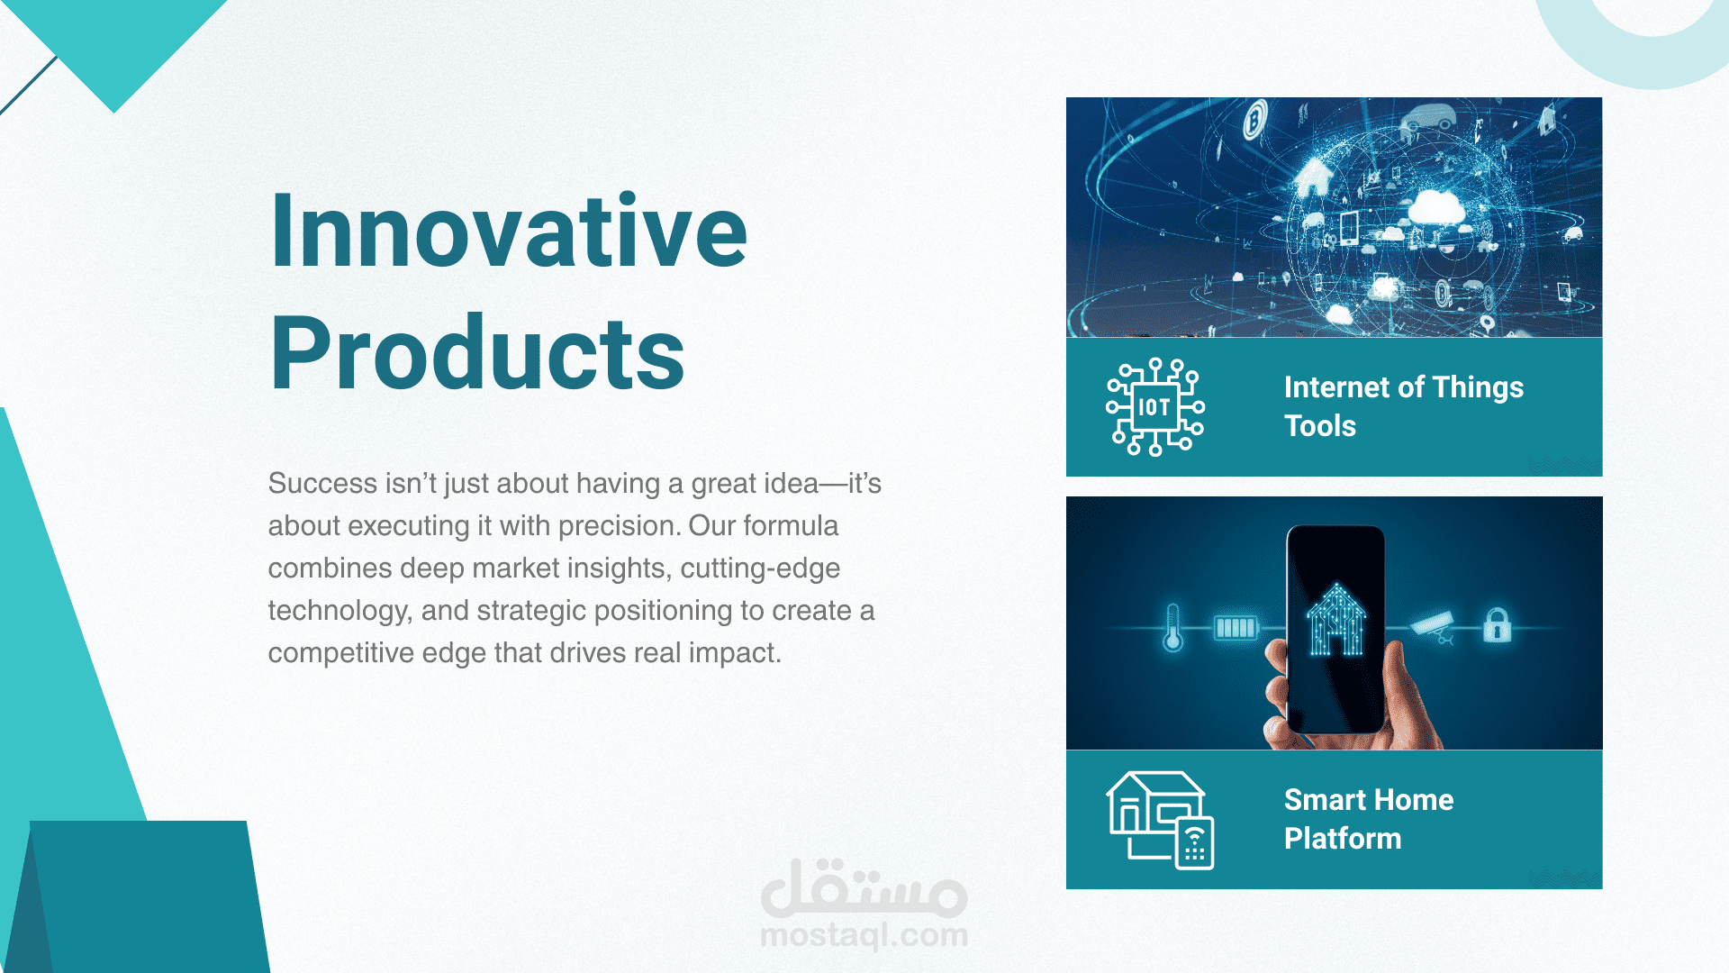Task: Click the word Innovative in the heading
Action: point(509,231)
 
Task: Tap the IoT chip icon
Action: point(1155,406)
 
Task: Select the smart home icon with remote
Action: point(1160,820)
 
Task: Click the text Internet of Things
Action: point(1404,387)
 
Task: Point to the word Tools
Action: point(1320,426)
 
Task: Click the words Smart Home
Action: point(1369,800)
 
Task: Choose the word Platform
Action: point(1343,839)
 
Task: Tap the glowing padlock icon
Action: point(1497,624)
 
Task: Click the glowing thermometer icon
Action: point(1172,627)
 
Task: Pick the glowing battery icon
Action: point(1236,627)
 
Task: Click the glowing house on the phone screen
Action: point(1336,619)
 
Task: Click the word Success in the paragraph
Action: point(322,484)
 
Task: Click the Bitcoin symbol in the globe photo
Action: point(1255,120)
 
